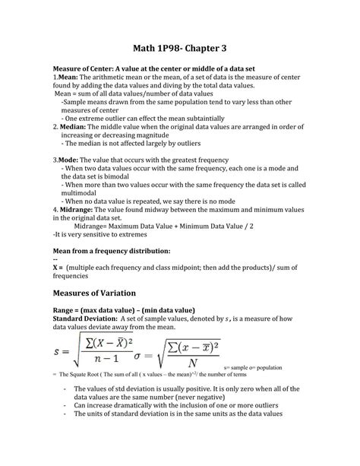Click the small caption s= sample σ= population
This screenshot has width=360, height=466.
pyautogui.click(x=292, y=376)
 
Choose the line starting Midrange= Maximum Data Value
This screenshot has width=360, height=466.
pyautogui.click(x=163, y=226)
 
